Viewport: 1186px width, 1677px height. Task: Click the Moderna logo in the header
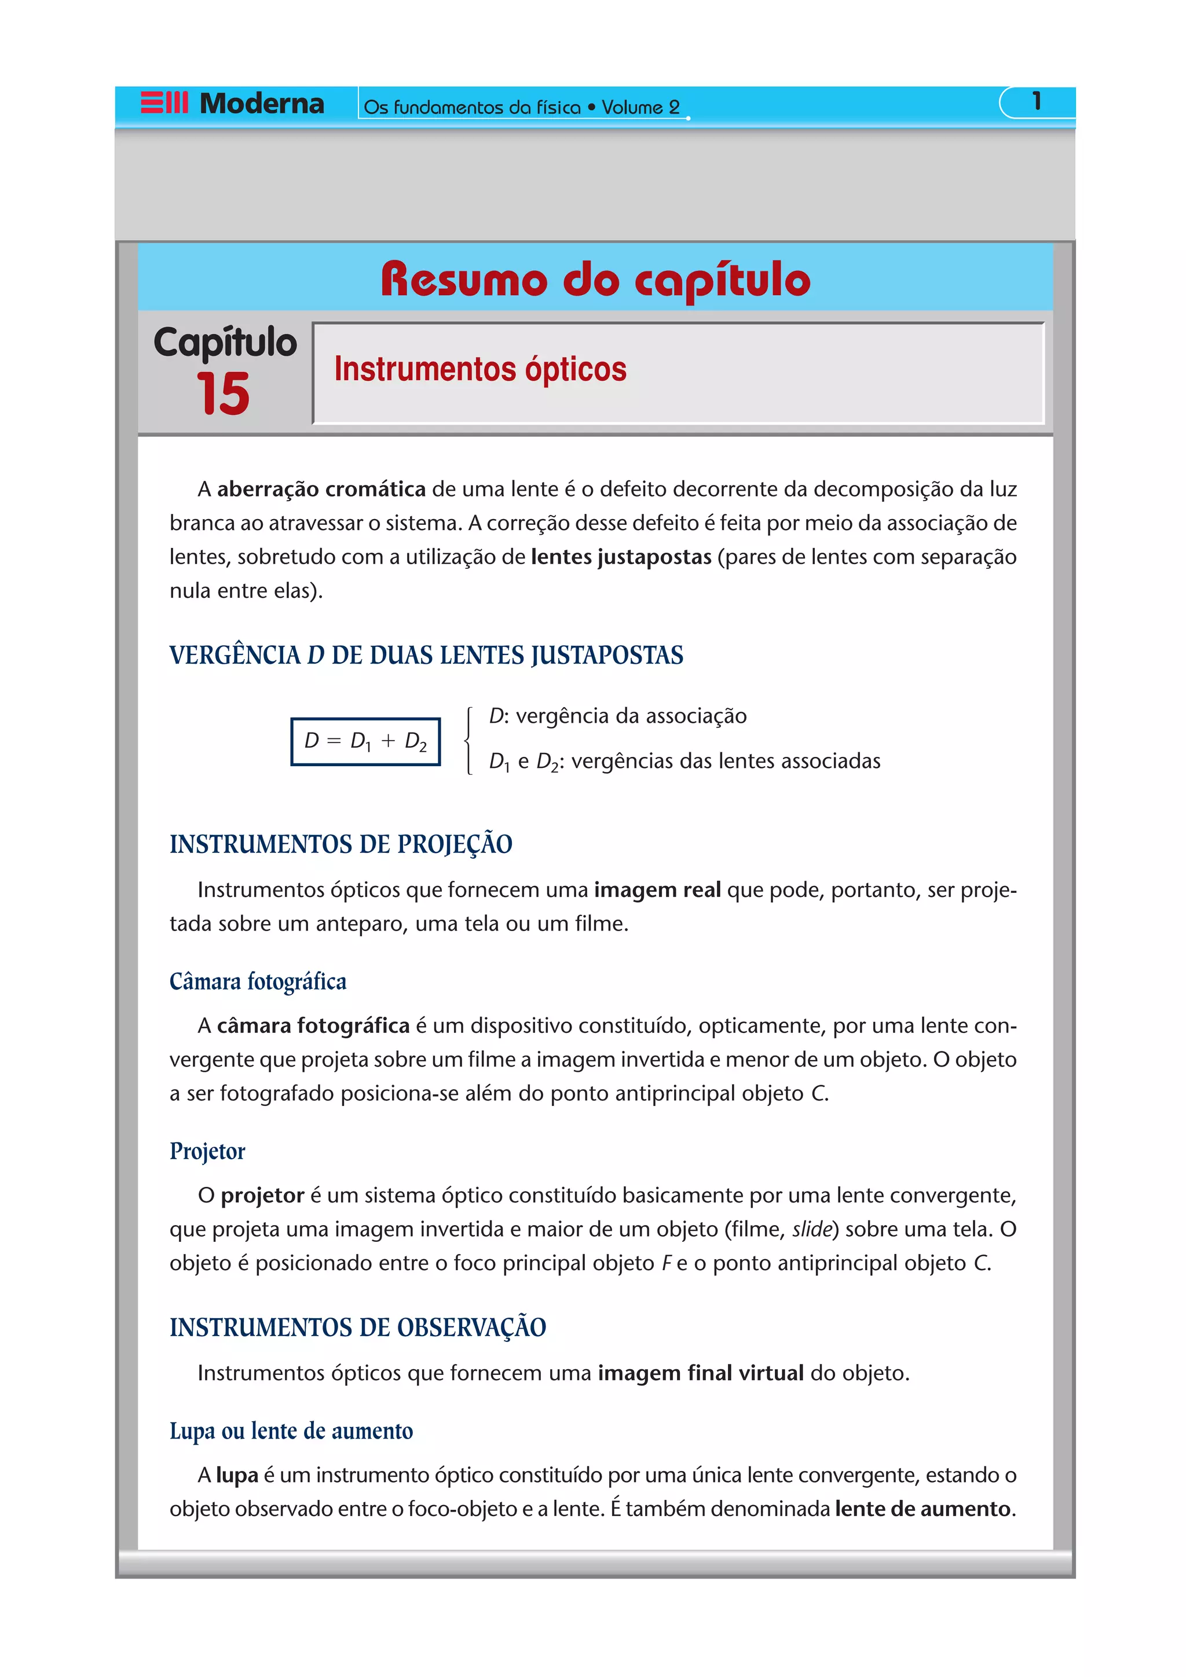(x=232, y=104)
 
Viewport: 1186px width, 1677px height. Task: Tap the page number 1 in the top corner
(x=1036, y=101)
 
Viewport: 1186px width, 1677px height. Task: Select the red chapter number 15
(x=223, y=393)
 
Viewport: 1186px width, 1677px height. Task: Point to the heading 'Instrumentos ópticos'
(x=480, y=369)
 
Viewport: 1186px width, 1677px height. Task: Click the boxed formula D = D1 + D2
(x=365, y=741)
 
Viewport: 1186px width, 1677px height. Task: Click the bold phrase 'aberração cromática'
(x=321, y=488)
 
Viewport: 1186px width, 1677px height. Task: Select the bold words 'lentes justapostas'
(x=621, y=557)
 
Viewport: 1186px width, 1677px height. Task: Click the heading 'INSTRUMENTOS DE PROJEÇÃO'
(x=341, y=844)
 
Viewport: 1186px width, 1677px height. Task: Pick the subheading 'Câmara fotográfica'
(x=258, y=981)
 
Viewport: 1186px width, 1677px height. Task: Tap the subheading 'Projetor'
(x=207, y=1151)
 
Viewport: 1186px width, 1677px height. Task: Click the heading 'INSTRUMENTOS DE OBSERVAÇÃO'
(x=357, y=1327)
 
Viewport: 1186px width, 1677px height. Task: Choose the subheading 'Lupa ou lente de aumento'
(x=291, y=1431)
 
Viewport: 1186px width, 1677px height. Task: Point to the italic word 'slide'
(x=812, y=1229)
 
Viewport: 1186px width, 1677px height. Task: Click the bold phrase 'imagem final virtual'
(x=700, y=1373)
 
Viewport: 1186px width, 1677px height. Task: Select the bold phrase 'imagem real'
(x=657, y=889)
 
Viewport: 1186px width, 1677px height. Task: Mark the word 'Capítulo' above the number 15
(x=225, y=342)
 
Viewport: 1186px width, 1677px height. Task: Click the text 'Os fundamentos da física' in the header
(x=472, y=108)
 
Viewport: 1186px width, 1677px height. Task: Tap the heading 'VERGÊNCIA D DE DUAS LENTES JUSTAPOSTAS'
(x=426, y=655)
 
